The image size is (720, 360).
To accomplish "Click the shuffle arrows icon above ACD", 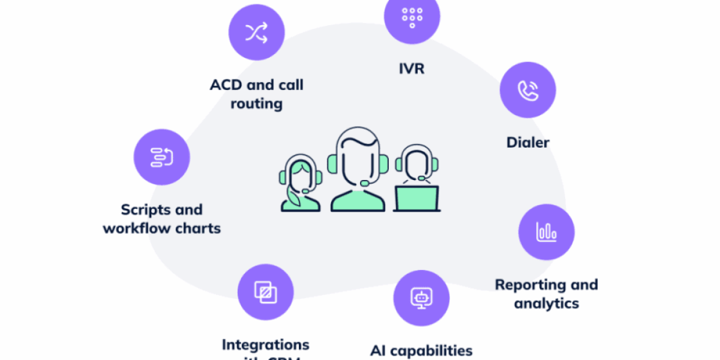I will coord(257,33).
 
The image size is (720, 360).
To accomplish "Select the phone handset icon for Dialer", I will coord(528,90).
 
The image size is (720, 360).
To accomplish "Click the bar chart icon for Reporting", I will coord(547,232).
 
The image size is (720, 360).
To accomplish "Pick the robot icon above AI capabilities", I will coord(421,298).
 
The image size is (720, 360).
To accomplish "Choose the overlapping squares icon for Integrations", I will coord(265,292).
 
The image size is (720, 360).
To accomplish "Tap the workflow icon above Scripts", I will coord(161,157).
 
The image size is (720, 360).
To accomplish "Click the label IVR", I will coord(412,68).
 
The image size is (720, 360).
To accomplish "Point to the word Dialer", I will coord(528,143).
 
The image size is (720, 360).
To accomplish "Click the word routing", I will coord(256,103).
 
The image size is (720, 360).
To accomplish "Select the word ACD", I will coord(226,85).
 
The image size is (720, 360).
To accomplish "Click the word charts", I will coord(198,229).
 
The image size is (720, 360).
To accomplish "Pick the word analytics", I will coord(547,304).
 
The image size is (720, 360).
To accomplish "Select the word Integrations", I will coord(265,344).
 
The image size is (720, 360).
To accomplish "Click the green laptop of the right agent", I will coord(416,198).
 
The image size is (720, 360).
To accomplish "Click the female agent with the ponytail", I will coord(299,183).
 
